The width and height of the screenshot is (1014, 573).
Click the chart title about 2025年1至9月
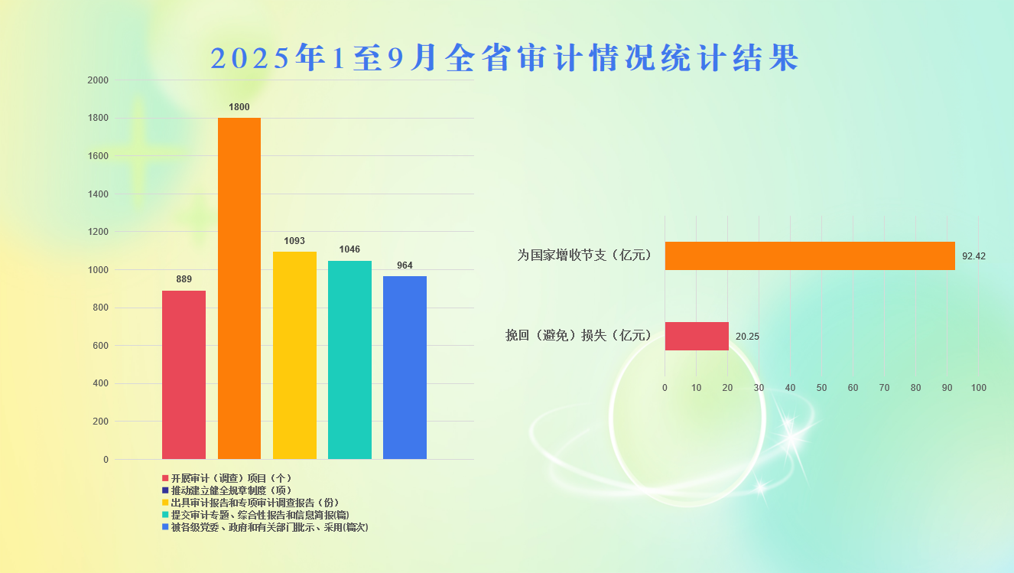coord(505,58)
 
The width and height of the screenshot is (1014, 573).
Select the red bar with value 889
coord(184,375)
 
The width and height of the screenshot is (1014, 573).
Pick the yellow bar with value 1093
coord(294,356)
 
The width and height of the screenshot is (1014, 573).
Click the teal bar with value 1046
coord(349,360)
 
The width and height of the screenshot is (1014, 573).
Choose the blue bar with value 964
coord(405,367)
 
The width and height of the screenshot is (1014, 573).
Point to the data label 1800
coord(239,107)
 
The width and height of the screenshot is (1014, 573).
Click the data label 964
coord(405,265)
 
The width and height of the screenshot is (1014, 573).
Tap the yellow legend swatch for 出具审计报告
coord(165,503)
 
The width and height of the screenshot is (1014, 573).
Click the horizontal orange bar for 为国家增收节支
coord(810,256)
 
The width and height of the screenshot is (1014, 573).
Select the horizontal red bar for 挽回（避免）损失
coord(697,336)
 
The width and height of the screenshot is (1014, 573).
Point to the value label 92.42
coord(973,256)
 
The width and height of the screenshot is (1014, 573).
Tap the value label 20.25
coord(747,336)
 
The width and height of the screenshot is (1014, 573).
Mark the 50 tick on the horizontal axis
coord(821,388)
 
